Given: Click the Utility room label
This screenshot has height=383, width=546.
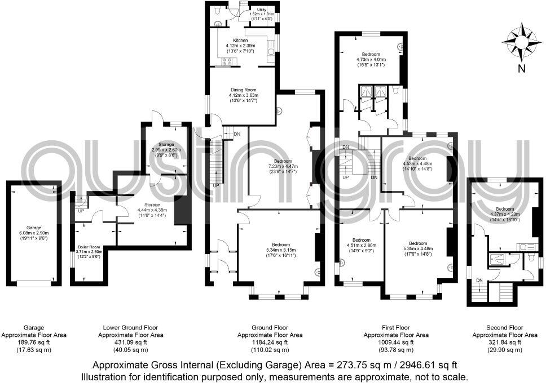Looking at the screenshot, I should (x=261, y=10).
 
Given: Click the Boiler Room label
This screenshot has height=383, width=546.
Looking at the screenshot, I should (x=90, y=247).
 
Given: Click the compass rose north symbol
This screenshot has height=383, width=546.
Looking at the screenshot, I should (x=521, y=41).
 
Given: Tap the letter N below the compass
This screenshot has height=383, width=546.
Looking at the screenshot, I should (x=522, y=69).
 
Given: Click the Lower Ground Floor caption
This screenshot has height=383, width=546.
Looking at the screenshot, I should (x=130, y=327).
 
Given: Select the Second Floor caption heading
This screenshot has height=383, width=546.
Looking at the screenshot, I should (x=504, y=327).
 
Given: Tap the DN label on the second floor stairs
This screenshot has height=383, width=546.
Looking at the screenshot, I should (x=479, y=280).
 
